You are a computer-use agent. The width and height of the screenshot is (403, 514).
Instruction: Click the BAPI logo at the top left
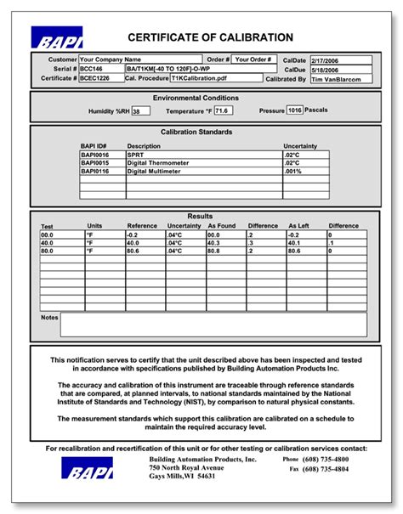click(x=56, y=38)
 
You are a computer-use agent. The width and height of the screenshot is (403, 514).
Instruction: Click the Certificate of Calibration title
click(x=211, y=37)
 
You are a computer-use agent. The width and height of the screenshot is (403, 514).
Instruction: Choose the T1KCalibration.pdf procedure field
click(x=216, y=78)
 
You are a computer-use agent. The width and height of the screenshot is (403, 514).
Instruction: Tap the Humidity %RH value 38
click(x=141, y=110)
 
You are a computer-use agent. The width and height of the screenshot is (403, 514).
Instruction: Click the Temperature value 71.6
click(x=224, y=110)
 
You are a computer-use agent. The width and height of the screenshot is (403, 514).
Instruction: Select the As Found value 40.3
click(x=225, y=243)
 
